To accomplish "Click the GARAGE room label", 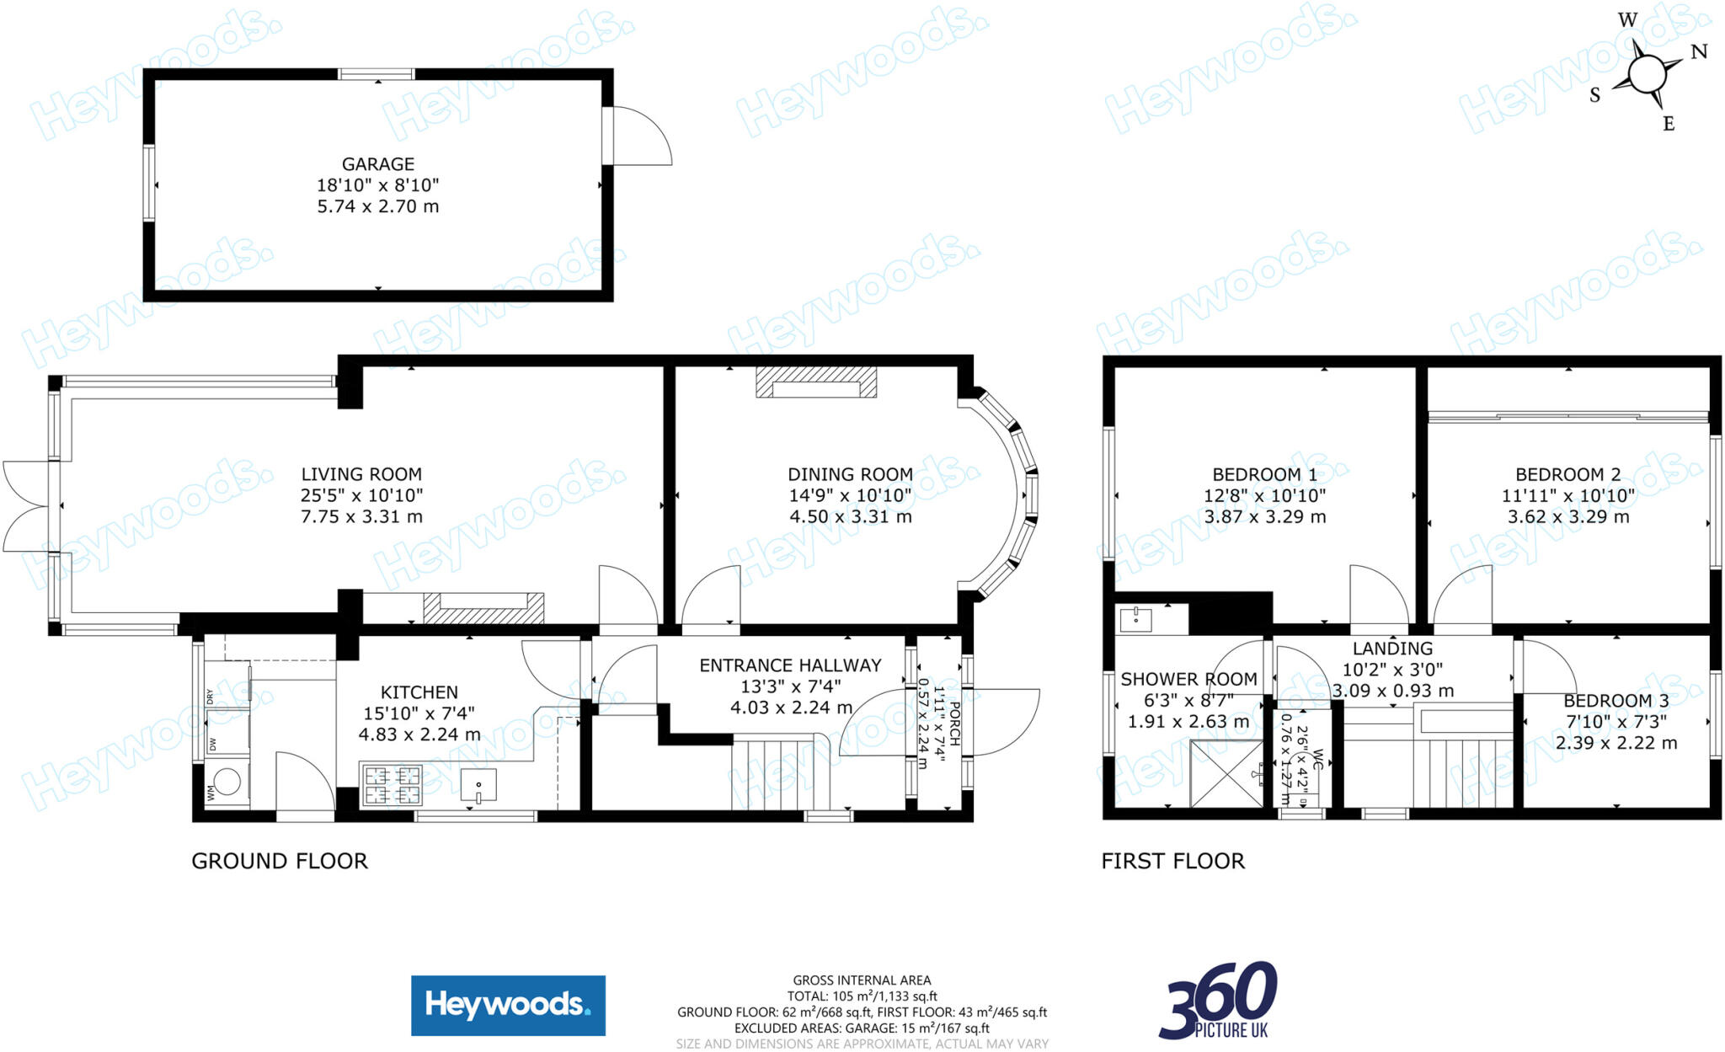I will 377,164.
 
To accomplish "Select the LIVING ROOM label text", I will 361,475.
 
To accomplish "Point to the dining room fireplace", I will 816,382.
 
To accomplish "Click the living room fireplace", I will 483,607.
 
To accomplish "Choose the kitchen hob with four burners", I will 392,785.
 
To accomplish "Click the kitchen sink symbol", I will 478,785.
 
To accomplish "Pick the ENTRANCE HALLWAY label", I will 790,665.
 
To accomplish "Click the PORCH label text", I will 954,723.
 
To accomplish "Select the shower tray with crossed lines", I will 1226,773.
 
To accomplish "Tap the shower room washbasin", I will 1136,620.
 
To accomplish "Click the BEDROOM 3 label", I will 1616,701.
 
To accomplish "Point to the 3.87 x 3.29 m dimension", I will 1264,517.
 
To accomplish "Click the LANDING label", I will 1392,649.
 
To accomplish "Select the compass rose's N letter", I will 1699,52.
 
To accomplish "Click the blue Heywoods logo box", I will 508,1005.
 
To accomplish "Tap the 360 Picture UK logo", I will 1218,1001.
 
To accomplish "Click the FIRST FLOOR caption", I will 1172,861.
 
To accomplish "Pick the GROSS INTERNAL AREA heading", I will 862,980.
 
